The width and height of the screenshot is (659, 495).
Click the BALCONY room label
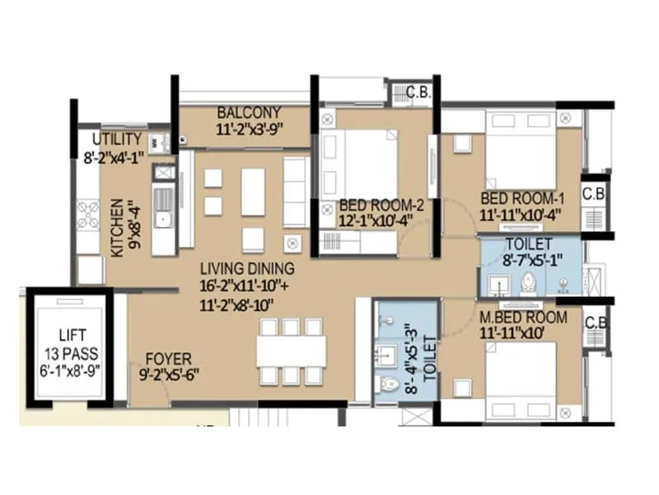click(x=249, y=112)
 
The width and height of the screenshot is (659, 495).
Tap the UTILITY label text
click(x=116, y=139)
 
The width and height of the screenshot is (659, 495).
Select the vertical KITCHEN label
click(x=118, y=228)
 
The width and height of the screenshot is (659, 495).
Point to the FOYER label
click(x=168, y=360)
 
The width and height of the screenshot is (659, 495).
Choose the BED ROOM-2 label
click(x=381, y=205)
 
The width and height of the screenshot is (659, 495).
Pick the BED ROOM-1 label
click(x=522, y=199)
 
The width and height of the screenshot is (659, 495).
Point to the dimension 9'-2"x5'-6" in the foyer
click(x=168, y=375)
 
